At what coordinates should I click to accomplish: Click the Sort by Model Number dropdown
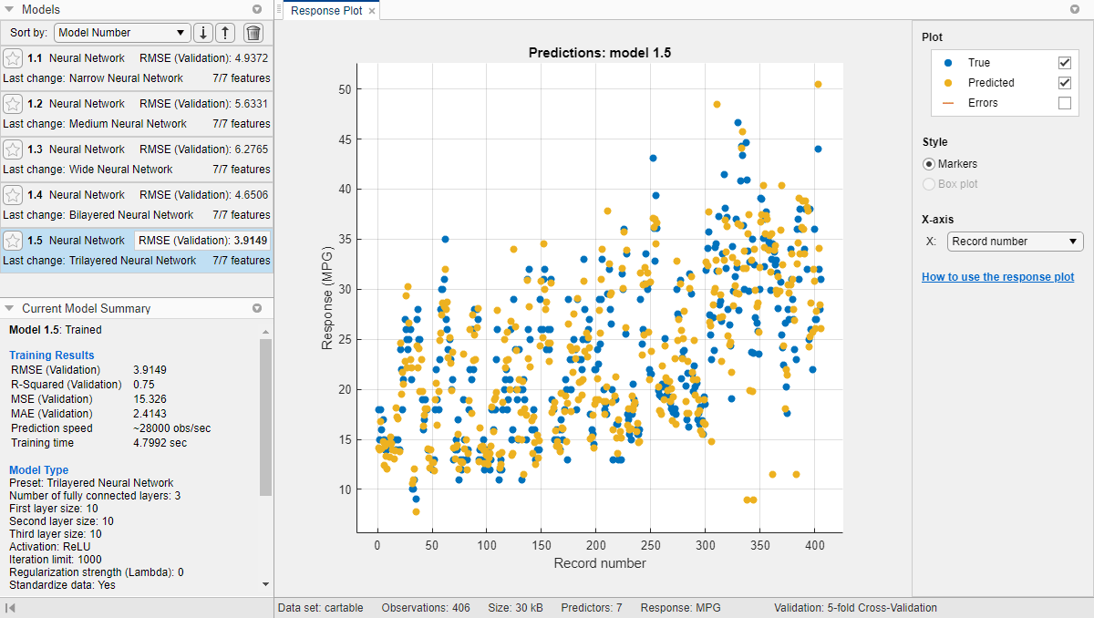(x=122, y=33)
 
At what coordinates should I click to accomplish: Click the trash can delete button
(x=253, y=33)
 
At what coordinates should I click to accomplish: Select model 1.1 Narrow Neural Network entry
(x=137, y=68)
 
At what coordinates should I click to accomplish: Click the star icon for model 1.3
(x=13, y=149)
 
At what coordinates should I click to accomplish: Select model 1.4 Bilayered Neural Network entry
(x=137, y=205)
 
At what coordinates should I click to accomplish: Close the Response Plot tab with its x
(x=372, y=11)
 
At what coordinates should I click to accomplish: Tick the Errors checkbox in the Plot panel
(x=1064, y=103)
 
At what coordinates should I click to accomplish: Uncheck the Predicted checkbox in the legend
(x=1064, y=83)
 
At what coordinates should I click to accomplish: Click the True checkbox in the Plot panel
(x=1064, y=63)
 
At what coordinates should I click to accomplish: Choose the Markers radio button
(x=929, y=164)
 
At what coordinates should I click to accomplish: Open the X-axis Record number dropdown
(x=1016, y=242)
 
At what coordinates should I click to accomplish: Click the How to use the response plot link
(x=997, y=277)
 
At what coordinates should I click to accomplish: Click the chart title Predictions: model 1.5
(x=600, y=53)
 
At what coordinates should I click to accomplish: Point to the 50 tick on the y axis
(x=345, y=89)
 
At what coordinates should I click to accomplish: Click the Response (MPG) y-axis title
(x=328, y=298)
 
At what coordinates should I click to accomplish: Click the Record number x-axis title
(x=600, y=563)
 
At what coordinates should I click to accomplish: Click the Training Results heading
(x=52, y=355)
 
